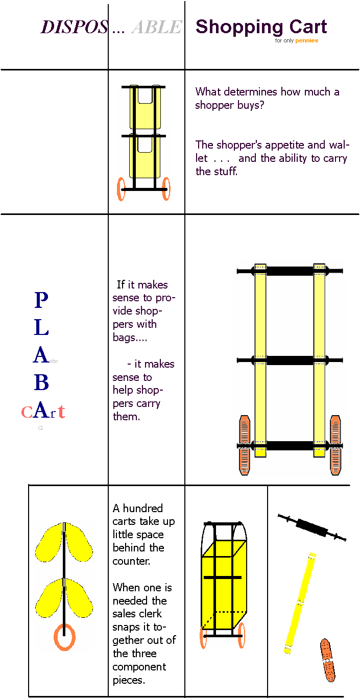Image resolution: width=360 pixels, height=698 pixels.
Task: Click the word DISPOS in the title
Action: click(75, 27)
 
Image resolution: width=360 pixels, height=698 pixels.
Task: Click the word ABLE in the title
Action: click(156, 27)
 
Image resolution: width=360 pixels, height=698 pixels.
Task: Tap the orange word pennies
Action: click(306, 41)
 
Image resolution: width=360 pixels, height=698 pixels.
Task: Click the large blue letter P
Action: click(41, 300)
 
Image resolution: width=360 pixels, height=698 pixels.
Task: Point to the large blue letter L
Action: click(41, 327)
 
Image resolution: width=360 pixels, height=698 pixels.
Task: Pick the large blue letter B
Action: click(41, 382)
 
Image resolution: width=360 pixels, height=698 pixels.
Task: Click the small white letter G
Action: click(40, 428)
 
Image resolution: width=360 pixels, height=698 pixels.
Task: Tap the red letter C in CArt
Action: click(27, 412)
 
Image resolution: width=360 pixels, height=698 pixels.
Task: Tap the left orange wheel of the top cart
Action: click(122, 189)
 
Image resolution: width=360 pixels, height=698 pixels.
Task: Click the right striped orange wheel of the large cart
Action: click(335, 445)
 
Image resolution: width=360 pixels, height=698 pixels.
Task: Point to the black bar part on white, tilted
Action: click(312, 528)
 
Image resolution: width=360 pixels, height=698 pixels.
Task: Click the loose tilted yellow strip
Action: click(300, 603)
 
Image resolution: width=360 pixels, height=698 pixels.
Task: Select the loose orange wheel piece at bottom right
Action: click(328, 660)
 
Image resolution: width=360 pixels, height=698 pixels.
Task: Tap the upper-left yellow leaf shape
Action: click(49, 542)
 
